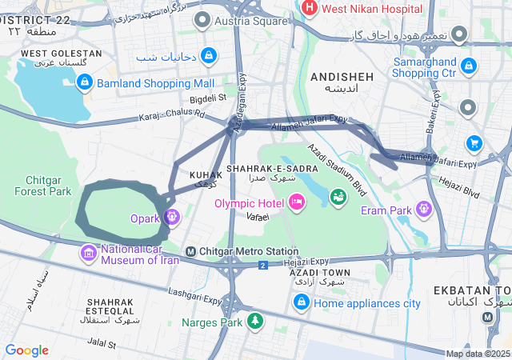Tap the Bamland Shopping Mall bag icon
(x=86, y=82)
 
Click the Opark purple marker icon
(x=171, y=217)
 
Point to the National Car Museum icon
(x=88, y=254)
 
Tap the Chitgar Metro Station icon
(x=190, y=251)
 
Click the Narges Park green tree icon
(x=254, y=322)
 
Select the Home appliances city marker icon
(x=302, y=302)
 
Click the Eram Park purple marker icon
(x=423, y=210)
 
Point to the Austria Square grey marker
(x=206, y=19)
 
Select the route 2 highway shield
(x=262, y=265)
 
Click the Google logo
(x=26, y=350)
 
